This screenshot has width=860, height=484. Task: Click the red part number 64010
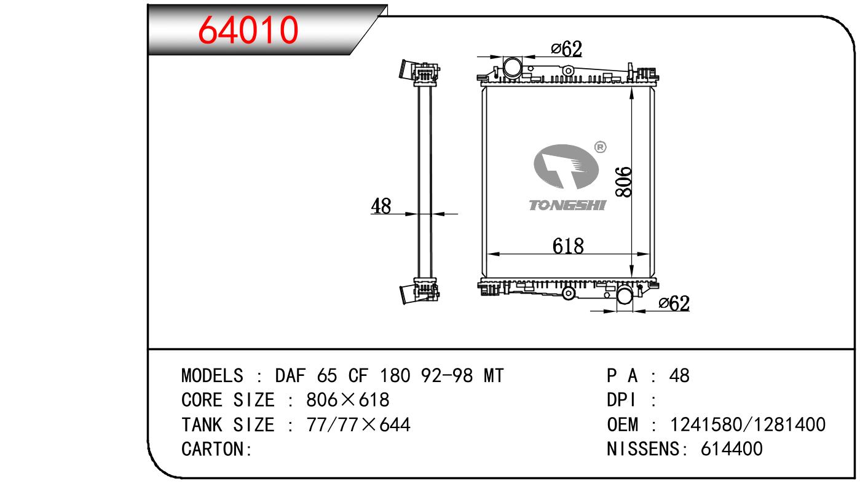248,30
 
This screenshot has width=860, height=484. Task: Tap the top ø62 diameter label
566,49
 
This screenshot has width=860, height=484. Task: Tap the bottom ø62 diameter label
674,303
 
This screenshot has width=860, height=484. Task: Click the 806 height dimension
623,182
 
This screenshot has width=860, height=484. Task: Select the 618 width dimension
568,246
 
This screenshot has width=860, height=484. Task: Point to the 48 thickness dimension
381,206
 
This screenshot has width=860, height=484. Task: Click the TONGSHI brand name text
567,205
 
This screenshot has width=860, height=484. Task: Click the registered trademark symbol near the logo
600,147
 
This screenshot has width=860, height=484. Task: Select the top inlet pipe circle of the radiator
513,67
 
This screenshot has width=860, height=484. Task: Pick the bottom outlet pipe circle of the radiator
625,295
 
